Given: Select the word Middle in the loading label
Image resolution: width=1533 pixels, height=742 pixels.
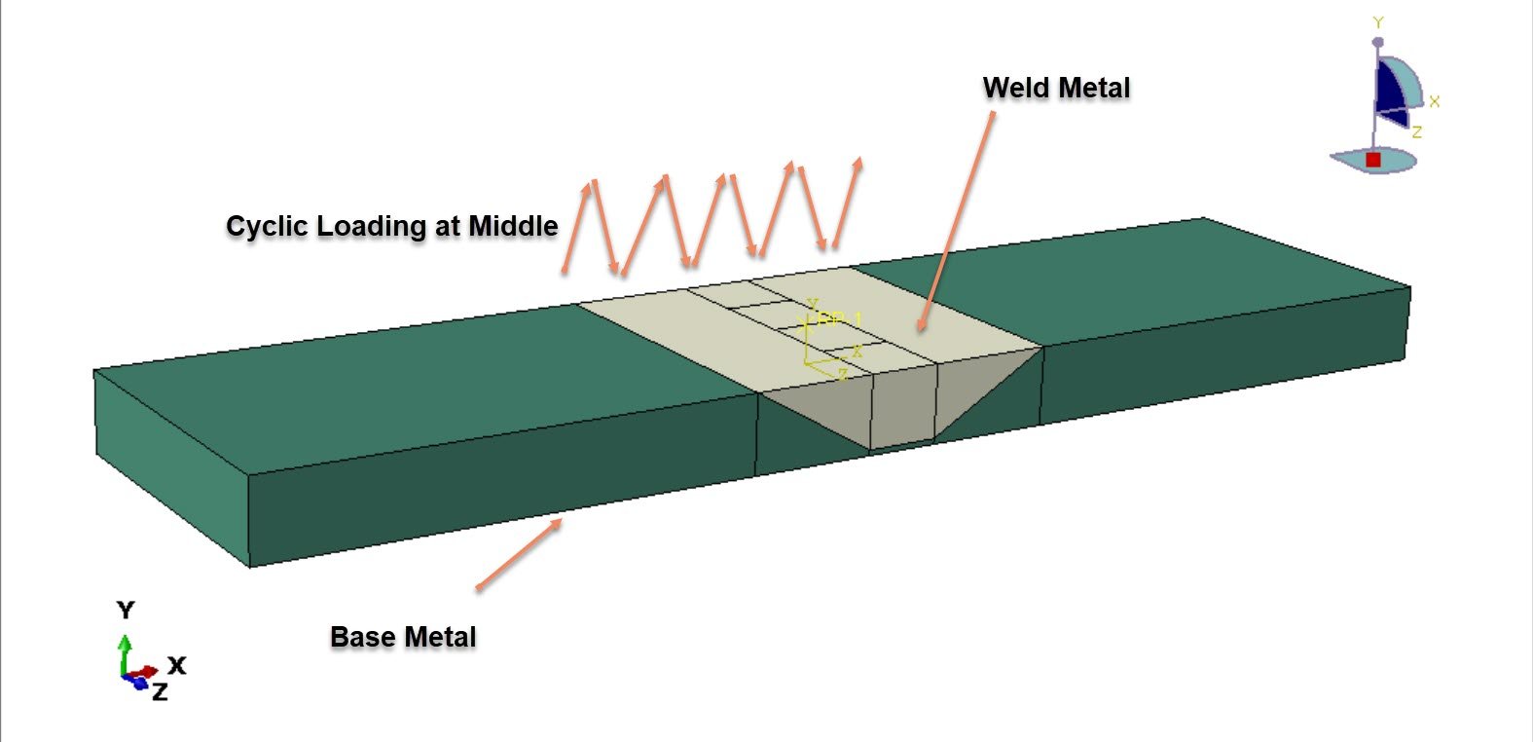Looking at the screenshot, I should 513,226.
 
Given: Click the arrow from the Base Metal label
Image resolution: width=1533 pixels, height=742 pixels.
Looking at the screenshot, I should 519,554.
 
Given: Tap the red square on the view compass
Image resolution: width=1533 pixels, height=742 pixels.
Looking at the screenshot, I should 1373,160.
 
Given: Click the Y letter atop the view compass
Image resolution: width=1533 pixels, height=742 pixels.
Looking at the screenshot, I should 1378,22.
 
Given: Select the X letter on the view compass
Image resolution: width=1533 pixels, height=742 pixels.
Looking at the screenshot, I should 1434,101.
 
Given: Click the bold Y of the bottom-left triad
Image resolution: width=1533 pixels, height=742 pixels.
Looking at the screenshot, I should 126,611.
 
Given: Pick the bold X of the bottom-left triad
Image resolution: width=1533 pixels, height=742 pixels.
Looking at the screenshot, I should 176,665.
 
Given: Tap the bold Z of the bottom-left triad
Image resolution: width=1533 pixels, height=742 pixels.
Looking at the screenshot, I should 160,692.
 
